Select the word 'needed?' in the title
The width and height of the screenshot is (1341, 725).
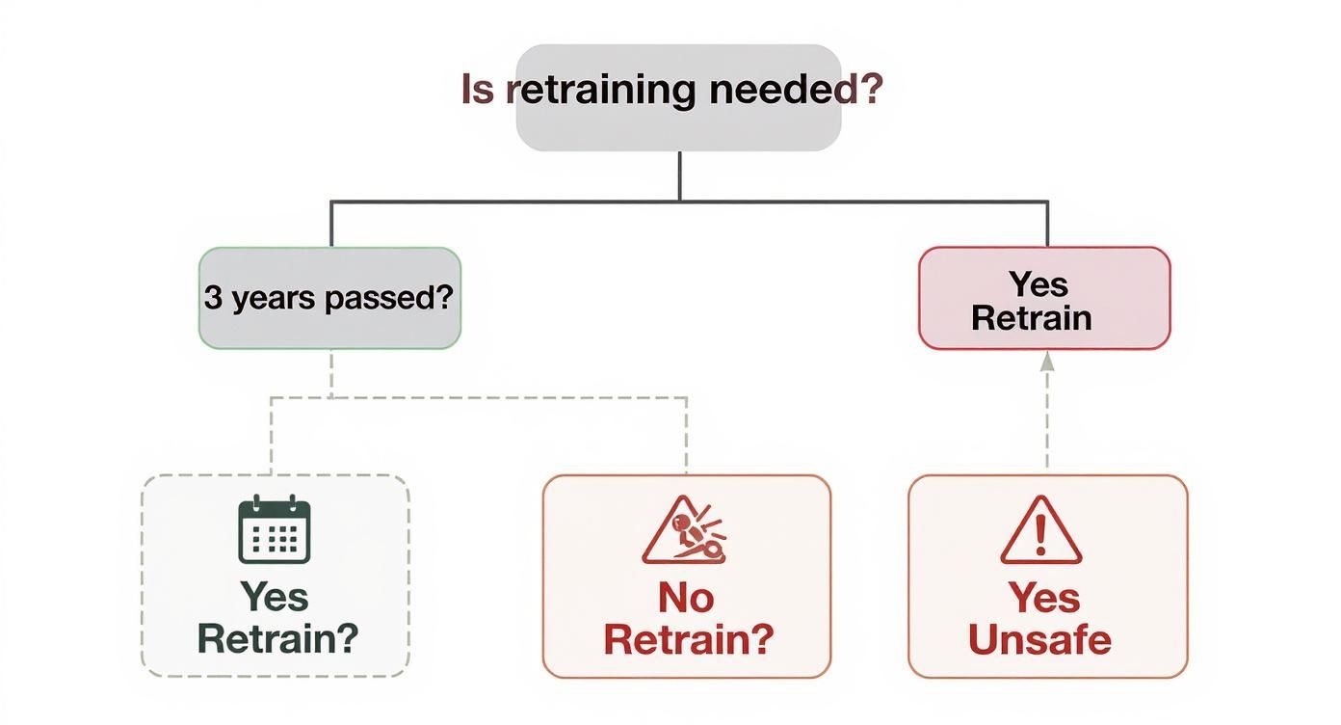[796, 90]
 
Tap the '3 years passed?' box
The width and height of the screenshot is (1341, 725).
[329, 298]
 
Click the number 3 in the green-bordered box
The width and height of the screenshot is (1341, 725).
[213, 298]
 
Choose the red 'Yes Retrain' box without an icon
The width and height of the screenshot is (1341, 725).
[1044, 299]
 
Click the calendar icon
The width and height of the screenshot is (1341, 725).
[275, 529]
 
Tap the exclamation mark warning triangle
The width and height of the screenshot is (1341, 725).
[1040, 531]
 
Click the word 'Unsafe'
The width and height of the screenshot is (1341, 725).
[1039, 639]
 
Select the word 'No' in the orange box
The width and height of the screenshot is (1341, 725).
[686, 598]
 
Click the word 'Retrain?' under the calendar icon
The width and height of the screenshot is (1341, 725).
[277, 638]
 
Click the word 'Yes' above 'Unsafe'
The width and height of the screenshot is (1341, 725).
[1044, 598]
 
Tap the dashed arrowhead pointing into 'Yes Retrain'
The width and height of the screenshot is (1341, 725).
[1047, 362]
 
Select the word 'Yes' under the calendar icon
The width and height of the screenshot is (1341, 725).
[275, 597]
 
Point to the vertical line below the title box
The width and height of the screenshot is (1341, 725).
[680, 175]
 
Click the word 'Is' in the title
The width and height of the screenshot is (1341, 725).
[478, 90]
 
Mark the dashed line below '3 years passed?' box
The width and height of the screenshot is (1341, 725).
[331, 373]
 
